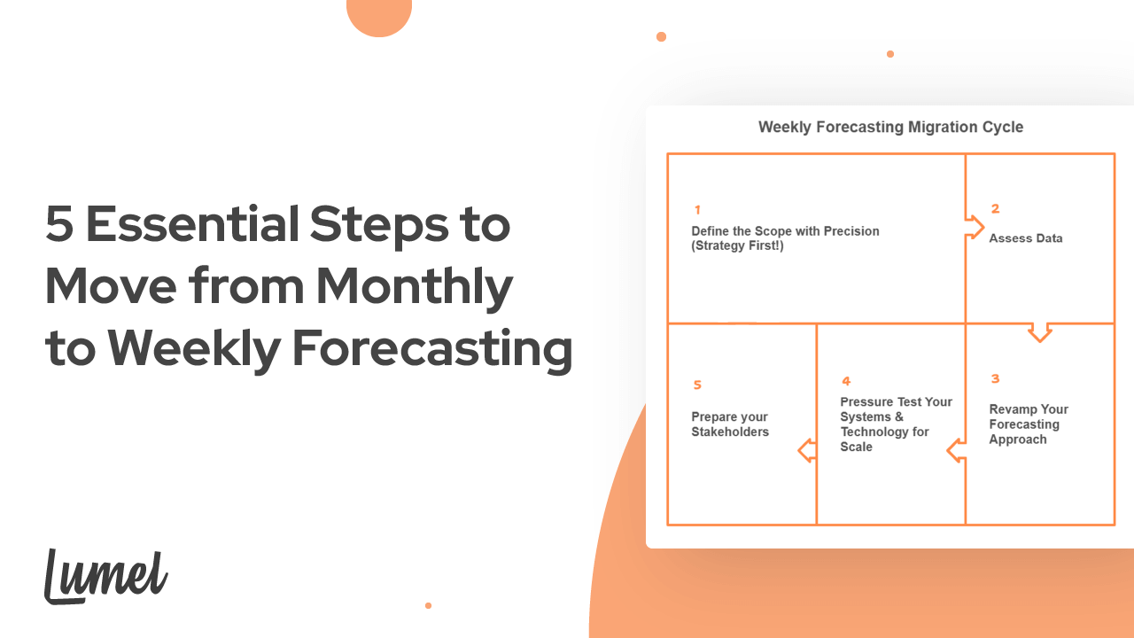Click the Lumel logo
tap(105, 576)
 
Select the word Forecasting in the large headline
tap(431, 348)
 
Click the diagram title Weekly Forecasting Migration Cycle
tap(890, 128)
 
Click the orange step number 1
tap(697, 210)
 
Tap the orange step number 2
tap(995, 209)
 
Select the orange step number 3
tap(995, 379)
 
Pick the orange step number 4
tap(846, 381)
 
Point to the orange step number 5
tap(697, 385)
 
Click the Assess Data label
tap(1025, 238)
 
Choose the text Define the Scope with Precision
tap(785, 231)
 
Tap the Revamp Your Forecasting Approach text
tap(1029, 424)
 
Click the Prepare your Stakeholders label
tap(729, 424)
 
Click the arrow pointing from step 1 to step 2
tap(975, 228)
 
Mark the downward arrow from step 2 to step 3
tap(1040, 332)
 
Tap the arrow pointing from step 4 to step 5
tap(807, 450)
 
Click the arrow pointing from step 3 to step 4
tap(956, 450)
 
